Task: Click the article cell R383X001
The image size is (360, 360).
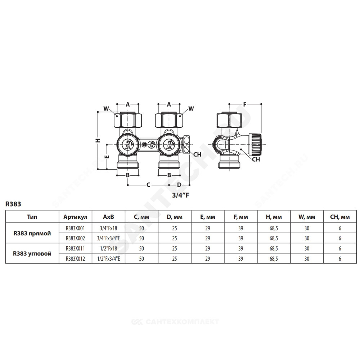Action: [75, 228]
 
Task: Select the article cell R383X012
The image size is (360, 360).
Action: [75, 259]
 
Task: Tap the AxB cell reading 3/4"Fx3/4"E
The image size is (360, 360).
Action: [109, 238]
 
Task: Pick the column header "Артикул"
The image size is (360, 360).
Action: [75, 217]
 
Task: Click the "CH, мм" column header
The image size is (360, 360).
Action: [340, 217]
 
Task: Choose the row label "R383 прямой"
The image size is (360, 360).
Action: [32, 234]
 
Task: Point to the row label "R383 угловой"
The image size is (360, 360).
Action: [32, 254]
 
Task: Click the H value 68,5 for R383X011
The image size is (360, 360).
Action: [274, 248]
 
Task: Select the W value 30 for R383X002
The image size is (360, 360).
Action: [307, 238]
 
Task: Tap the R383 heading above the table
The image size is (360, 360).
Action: [13, 204]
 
